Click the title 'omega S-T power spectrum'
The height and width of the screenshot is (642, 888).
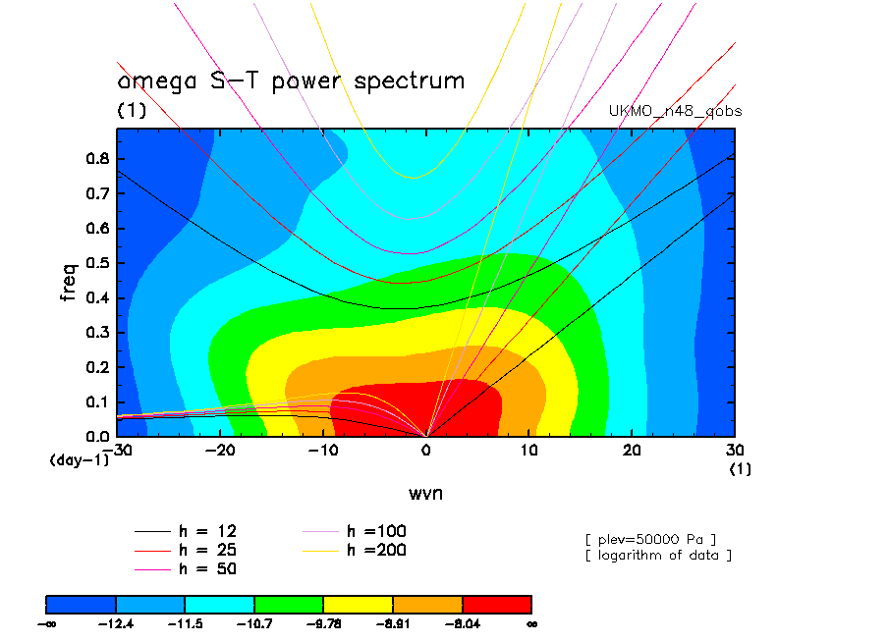tap(291, 80)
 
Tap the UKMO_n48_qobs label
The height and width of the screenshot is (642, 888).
tap(676, 111)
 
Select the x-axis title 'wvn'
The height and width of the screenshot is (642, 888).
tap(425, 493)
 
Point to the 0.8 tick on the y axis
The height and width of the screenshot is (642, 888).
tap(98, 159)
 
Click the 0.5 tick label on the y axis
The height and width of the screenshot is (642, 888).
tap(98, 263)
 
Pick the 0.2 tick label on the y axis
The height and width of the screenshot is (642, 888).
tap(98, 367)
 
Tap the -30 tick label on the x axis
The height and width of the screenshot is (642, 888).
tap(117, 450)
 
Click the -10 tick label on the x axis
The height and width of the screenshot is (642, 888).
tap(322, 450)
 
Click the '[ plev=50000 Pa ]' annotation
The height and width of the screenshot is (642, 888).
tap(649, 539)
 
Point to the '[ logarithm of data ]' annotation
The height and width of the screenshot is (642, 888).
tap(657, 556)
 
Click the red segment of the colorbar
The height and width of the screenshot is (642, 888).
tap(497, 603)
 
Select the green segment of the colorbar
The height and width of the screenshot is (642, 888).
tap(289, 603)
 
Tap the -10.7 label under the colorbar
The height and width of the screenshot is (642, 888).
tap(254, 622)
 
